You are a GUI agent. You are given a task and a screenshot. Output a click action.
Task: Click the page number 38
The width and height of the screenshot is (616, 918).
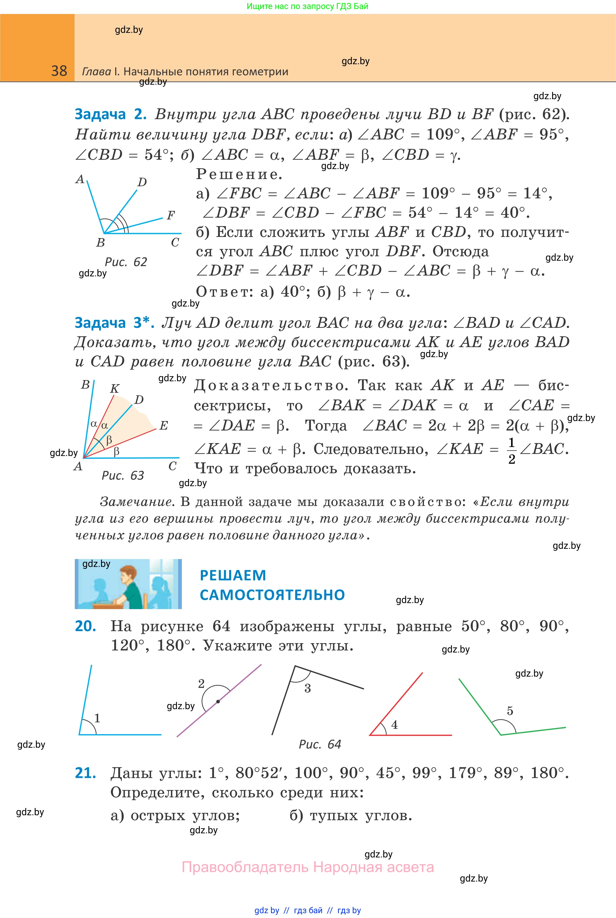pyautogui.click(x=59, y=71)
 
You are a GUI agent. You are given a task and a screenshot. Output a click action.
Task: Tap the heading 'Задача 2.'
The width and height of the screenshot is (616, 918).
pyautogui.click(x=110, y=114)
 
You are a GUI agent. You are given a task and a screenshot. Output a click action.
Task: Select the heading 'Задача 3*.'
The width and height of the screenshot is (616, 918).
pyautogui.click(x=114, y=322)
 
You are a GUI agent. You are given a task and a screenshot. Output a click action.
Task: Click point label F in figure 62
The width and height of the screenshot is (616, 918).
pyautogui.click(x=170, y=215)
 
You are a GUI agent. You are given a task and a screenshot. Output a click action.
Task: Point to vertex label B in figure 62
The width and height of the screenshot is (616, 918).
pyautogui.click(x=101, y=242)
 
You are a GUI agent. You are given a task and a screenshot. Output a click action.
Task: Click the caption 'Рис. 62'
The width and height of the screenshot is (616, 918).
pyautogui.click(x=126, y=262)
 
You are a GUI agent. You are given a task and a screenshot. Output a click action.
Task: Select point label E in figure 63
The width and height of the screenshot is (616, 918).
pyautogui.click(x=163, y=425)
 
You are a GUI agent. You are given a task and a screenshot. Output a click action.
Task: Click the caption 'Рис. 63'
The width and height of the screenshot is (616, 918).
pyautogui.click(x=123, y=476)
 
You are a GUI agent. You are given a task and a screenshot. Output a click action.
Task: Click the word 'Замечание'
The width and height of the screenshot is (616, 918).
pyautogui.click(x=136, y=502)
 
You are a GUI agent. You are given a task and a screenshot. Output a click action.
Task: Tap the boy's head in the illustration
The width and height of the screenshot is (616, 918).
pyautogui.click(x=128, y=577)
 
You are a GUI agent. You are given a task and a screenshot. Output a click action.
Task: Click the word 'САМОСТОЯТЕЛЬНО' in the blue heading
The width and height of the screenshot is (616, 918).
pyautogui.click(x=272, y=595)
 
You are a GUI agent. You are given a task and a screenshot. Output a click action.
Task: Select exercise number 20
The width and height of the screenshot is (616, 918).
pyautogui.click(x=86, y=626)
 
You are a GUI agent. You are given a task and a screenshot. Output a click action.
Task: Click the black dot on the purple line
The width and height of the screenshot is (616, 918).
pyautogui.click(x=218, y=702)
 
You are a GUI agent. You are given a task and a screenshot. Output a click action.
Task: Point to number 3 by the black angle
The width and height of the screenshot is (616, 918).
pyautogui.click(x=308, y=688)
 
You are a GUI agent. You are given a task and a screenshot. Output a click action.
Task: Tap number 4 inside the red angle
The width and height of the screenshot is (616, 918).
pyautogui.click(x=394, y=725)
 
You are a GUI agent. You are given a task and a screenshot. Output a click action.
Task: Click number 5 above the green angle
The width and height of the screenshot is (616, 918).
pyautogui.click(x=510, y=711)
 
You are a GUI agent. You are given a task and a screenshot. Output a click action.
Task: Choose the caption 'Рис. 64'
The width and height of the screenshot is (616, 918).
pyautogui.click(x=320, y=744)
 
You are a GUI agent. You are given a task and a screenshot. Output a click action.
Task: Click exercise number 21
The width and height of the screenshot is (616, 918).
pyautogui.click(x=86, y=773)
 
